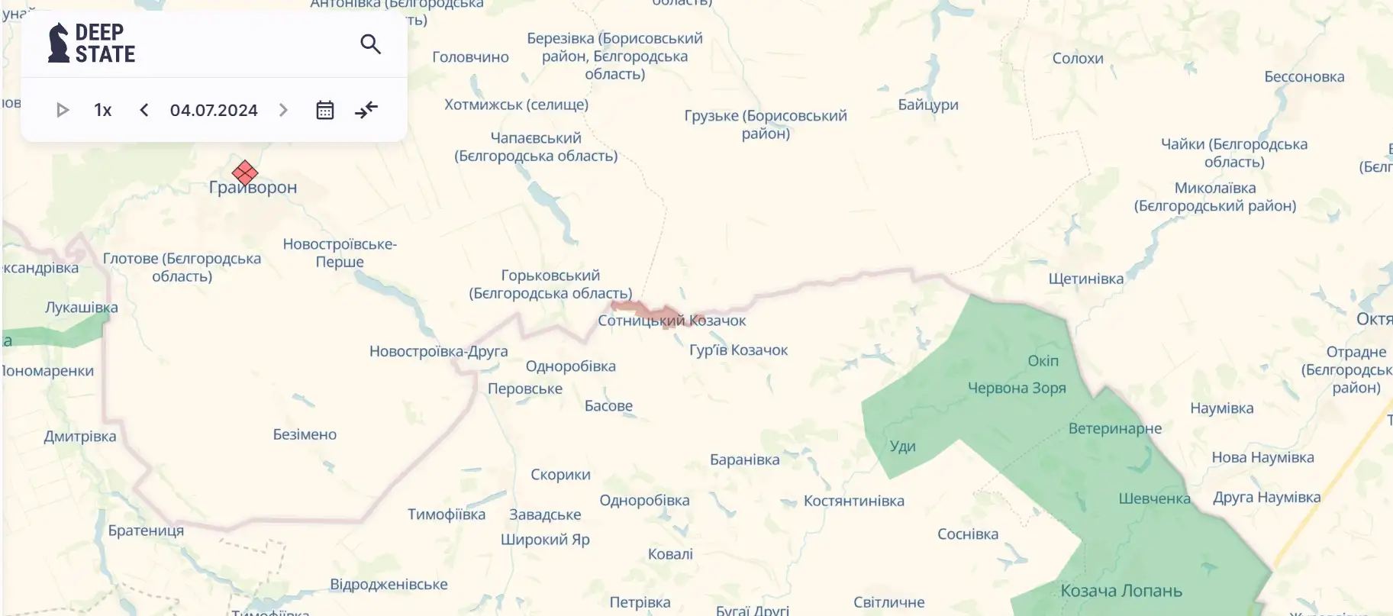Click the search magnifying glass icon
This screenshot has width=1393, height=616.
[x=370, y=44]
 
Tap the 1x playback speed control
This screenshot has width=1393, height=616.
[x=103, y=110]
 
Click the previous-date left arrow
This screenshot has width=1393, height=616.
[x=144, y=110]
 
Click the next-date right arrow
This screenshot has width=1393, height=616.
[x=283, y=110]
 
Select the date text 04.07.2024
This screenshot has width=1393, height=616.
[x=214, y=110]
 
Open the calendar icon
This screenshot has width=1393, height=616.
[x=325, y=110]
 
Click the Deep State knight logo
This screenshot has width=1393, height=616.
[x=59, y=43]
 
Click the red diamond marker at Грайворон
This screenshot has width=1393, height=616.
[x=245, y=173]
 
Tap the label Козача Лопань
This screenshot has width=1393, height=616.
[x=1121, y=591]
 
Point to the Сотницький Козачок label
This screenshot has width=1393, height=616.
[x=672, y=321]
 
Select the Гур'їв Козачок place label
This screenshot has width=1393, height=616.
[x=738, y=350]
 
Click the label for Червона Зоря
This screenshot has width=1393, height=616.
[x=1017, y=388]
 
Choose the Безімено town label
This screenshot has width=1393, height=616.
[x=305, y=434]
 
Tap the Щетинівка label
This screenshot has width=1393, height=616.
[x=1085, y=279]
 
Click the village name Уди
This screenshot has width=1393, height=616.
[x=902, y=447]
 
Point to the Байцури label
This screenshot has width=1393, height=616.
[x=928, y=105]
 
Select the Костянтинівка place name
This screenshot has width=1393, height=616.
[x=853, y=501]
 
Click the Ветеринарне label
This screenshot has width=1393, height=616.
[x=1114, y=428]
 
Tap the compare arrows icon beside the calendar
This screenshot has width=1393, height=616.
[x=366, y=110]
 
